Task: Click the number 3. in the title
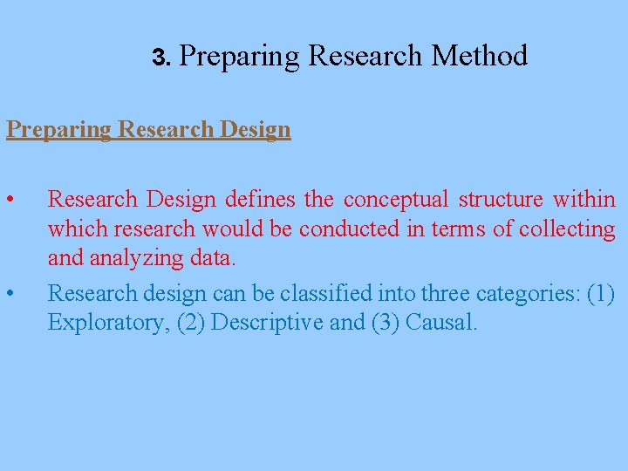pos(162,58)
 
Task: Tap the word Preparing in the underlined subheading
pos(58,129)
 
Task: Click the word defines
pos(261,199)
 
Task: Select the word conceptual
pos(396,199)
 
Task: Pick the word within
pos(584,199)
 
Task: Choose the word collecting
pos(567,229)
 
